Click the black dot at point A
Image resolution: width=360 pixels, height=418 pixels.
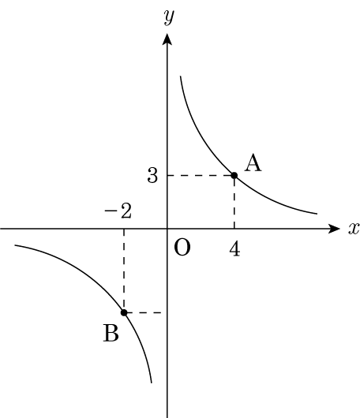pyautogui.click(x=234, y=175)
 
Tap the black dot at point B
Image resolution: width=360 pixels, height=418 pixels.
pyautogui.click(x=124, y=312)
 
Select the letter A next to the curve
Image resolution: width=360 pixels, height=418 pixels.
pyautogui.click(x=253, y=163)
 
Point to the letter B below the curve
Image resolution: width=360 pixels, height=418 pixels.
pyautogui.click(x=111, y=334)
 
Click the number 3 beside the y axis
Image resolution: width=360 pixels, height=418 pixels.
pyautogui.click(x=152, y=176)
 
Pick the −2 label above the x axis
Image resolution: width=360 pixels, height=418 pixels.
pyautogui.click(x=118, y=211)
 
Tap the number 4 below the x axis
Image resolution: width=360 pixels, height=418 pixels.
pyautogui.click(x=234, y=250)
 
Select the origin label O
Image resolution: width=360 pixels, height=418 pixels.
pyautogui.click(x=182, y=248)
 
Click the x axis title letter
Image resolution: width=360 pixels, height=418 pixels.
pyautogui.click(x=354, y=229)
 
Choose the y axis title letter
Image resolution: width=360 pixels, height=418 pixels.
pyautogui.click(x=169, y=17)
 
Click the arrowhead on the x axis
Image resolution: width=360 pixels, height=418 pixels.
pyautogui.click(x=334, y=229)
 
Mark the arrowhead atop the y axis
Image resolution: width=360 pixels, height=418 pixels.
pyautogui.click(x=167, y=39)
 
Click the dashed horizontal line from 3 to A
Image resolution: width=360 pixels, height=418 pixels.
pyautogui.click(x=201, y=175)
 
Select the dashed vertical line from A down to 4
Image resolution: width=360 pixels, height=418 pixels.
pyautogui.click(x=234, y=202)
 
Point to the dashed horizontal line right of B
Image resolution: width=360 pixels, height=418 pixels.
pyautogui.click(x=144, y=312)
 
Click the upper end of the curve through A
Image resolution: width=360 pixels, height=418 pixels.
pyautogui.click(x=181, y=77)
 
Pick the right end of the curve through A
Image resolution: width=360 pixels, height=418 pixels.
pyautogui.click(x=317, y=214)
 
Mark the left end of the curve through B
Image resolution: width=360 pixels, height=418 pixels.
pyautogui.click(x=15, y=245)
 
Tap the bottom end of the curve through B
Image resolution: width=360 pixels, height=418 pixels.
pyautogui.click(x=152, y=383)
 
